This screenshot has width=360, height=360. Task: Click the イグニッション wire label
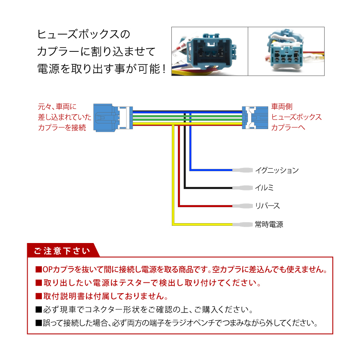click(x=277, y=171)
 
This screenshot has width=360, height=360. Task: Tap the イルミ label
click(x=265, y=188)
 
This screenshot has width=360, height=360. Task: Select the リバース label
click(x=268, y=206)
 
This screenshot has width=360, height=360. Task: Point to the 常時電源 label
click(x=269, y=224)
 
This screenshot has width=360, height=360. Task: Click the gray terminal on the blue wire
click(x=243, y=171)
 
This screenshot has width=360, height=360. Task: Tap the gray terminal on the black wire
click(x=243, y=188)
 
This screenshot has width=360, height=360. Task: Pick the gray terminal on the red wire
click(x=243, y=206)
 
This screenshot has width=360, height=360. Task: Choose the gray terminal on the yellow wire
click(x=243, y=224)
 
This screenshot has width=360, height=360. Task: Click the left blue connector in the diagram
click(x=113, y=118)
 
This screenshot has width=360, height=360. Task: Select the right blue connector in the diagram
click(x=255, y=117)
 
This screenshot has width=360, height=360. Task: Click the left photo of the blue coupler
click(x=210, y=51)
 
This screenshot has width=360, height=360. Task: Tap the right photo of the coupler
click(x=286, y=51)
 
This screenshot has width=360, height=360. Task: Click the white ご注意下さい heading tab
click(x=62, y=251)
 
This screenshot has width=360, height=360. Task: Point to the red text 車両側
click(x=282, y=107)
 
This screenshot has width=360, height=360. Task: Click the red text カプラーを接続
click(x=62, y=127)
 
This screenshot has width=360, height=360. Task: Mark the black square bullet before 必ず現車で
click(x=39, y=310)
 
